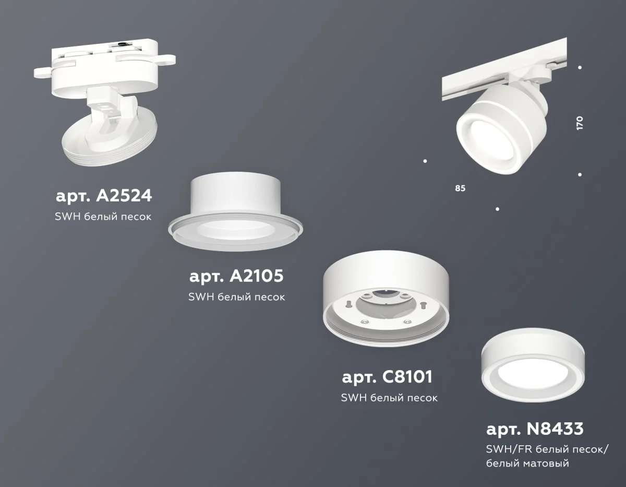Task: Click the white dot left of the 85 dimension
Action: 426,161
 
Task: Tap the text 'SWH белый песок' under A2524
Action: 103,216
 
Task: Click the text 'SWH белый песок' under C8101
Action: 389,398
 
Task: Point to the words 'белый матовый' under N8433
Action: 527,462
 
